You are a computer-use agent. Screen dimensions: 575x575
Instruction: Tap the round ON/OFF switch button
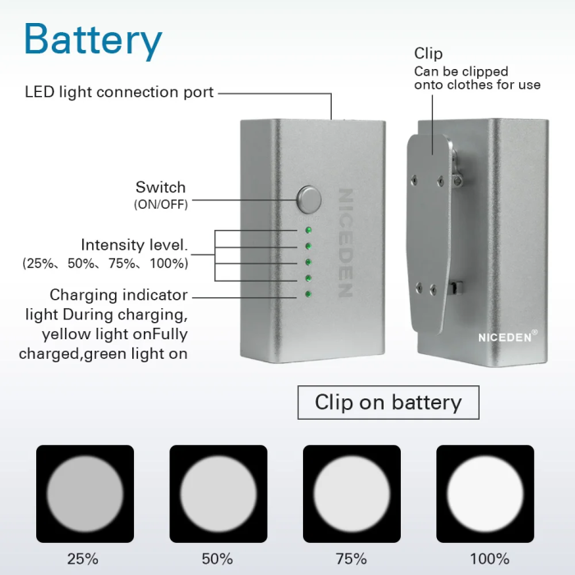(x=309, y=200)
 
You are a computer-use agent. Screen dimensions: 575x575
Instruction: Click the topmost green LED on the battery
(x=308, y=230)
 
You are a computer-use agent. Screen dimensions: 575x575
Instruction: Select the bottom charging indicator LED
(x=308, y=294)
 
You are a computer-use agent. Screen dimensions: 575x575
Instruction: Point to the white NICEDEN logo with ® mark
(x=508, y=337)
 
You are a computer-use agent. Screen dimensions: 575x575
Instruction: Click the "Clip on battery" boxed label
(x=389, y=402)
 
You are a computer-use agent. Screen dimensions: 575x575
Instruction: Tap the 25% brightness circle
(x=85, y=494)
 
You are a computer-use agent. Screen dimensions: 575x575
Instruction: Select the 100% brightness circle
(x=485, y=494)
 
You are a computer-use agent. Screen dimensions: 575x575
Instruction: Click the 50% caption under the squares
(x=218, y=559)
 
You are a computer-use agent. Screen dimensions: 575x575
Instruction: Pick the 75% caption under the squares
(x=352, y=559)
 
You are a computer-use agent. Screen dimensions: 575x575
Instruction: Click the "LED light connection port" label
(x=119, y=92)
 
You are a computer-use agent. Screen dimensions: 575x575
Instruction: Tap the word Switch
(x=161, y=187)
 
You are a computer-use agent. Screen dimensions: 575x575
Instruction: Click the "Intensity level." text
(x=134, y=245)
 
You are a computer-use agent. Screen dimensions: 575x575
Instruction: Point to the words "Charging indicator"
(x=118, y=295)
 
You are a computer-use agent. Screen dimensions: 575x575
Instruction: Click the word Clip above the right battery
(x=428, y=53)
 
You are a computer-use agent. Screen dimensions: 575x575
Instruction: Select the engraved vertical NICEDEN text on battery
(x=345, y=243)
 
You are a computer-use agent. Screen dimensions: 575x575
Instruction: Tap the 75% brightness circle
(x=352, y=494)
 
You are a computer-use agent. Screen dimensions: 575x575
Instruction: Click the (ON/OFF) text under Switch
(x=161, y=205)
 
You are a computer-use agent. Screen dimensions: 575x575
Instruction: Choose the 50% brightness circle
(x=218, y=494)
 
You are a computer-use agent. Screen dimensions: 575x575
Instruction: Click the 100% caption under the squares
(x=490, y=559)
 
